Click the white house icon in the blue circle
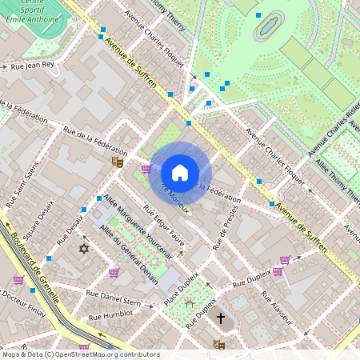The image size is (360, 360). point(180,172)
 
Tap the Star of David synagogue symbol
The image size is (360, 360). point(82,250)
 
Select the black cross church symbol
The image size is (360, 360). point(221,318)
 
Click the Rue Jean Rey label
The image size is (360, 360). point(32,66)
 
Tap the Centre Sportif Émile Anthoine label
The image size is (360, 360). point(34,10)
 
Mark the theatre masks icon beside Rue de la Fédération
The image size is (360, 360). point(117,162)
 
